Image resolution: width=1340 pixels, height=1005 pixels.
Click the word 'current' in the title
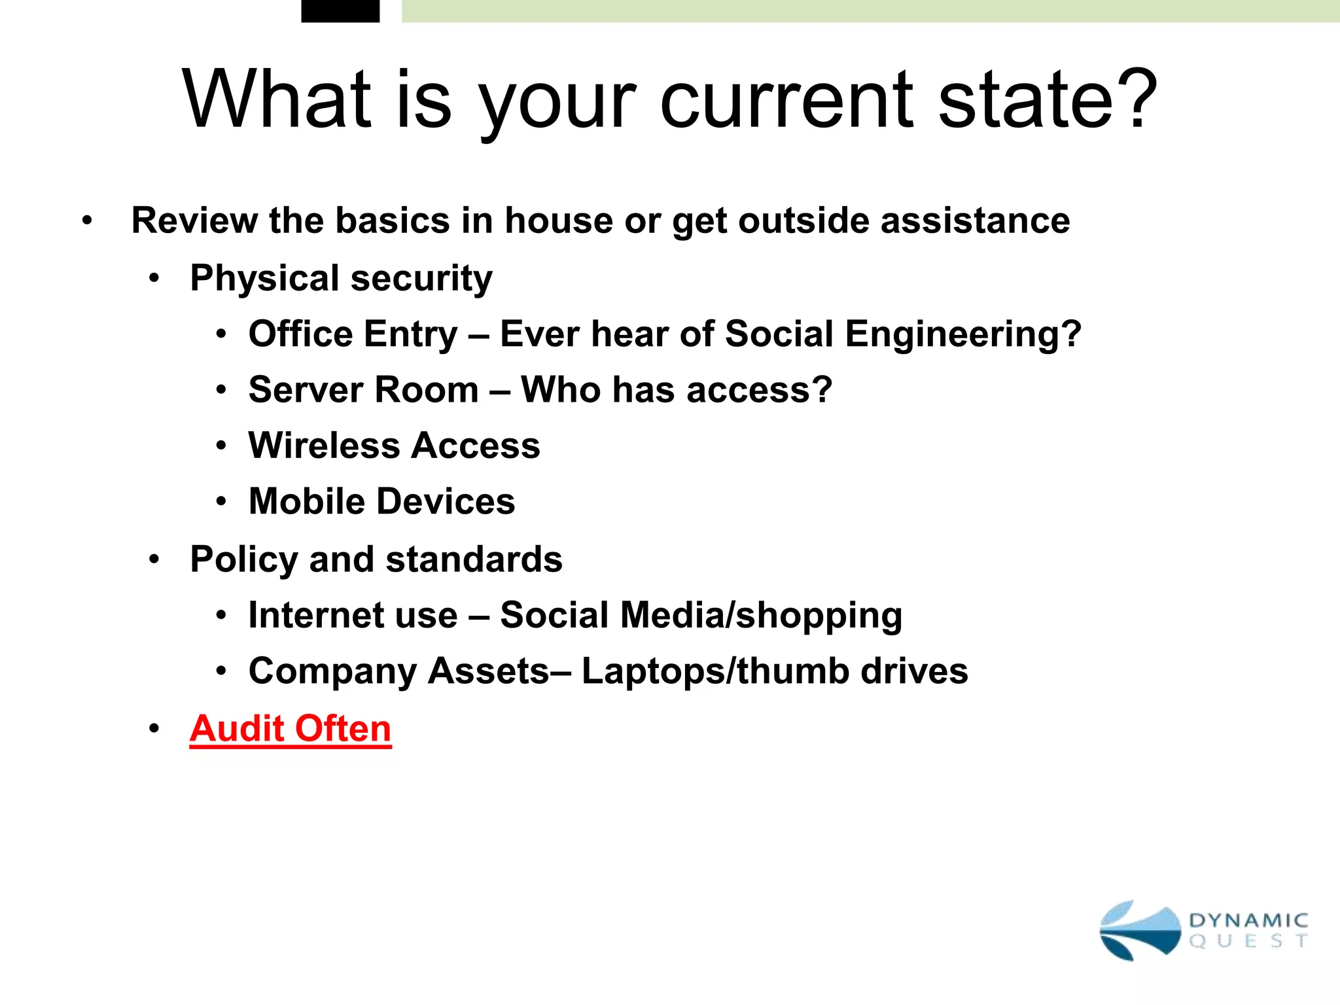tap(785, 101)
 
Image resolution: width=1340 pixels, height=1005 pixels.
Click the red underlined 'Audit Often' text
tap(290, 728)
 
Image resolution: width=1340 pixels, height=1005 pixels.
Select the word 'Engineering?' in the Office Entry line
tap(963, 334)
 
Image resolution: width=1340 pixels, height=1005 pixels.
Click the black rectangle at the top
tap(340, 10)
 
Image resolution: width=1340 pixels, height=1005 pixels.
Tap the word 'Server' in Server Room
tap(306, 390)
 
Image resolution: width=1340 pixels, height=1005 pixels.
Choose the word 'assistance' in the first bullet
tap(975, 220)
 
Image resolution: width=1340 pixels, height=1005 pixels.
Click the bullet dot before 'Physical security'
tap(154, 279)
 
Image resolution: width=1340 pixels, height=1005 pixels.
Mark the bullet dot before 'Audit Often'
tap(154, 729)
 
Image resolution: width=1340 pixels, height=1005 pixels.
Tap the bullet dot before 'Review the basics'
tap(87, 221)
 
